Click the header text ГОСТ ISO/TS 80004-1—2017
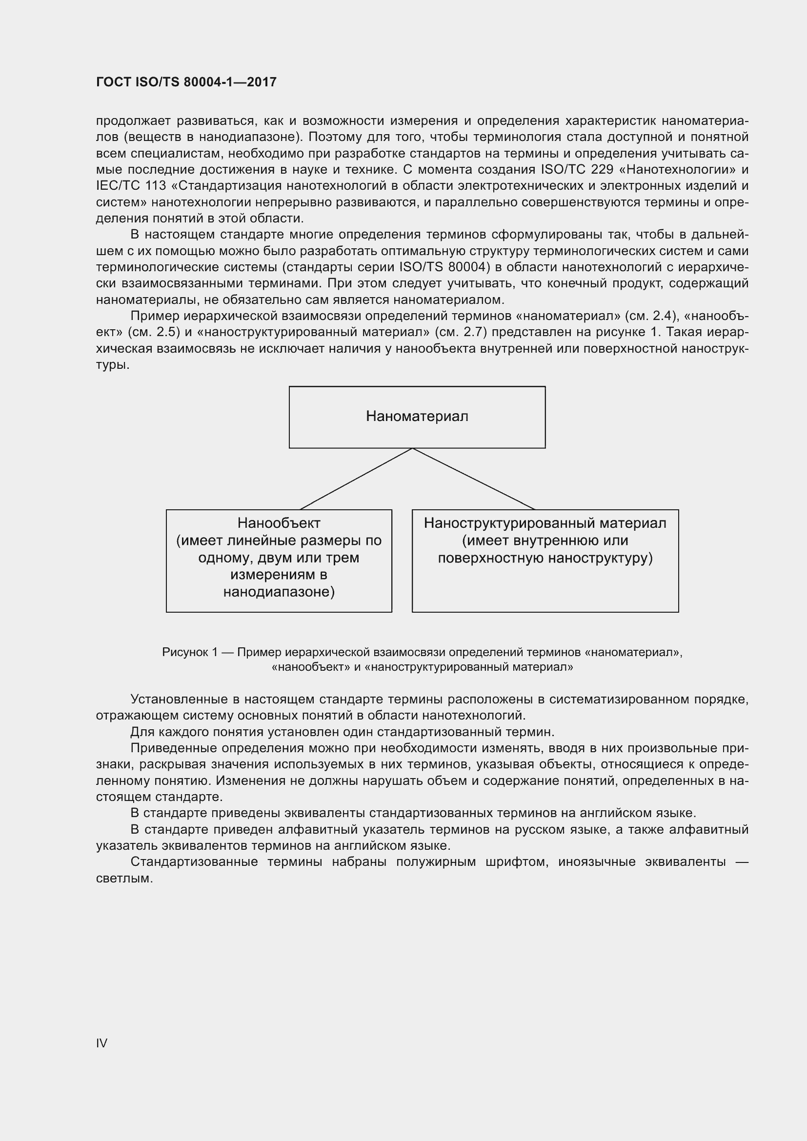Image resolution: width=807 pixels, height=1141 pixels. coord(186,82)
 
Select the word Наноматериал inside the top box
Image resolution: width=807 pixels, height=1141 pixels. coord(417,416)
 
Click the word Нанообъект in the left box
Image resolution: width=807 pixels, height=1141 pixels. coord(279,523)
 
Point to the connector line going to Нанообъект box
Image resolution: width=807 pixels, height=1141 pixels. coord(356,479)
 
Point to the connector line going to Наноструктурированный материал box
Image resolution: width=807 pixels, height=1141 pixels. coord(474,479)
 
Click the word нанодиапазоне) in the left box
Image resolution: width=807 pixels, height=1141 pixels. coord(279,592)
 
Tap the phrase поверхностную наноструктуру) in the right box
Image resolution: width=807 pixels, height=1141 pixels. coord(545,558)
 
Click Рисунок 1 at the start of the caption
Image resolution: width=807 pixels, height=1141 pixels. coord(189,652)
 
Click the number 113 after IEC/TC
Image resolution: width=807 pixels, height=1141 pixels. coord(156,186)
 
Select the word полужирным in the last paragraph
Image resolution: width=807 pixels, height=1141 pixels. coord(439,861)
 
